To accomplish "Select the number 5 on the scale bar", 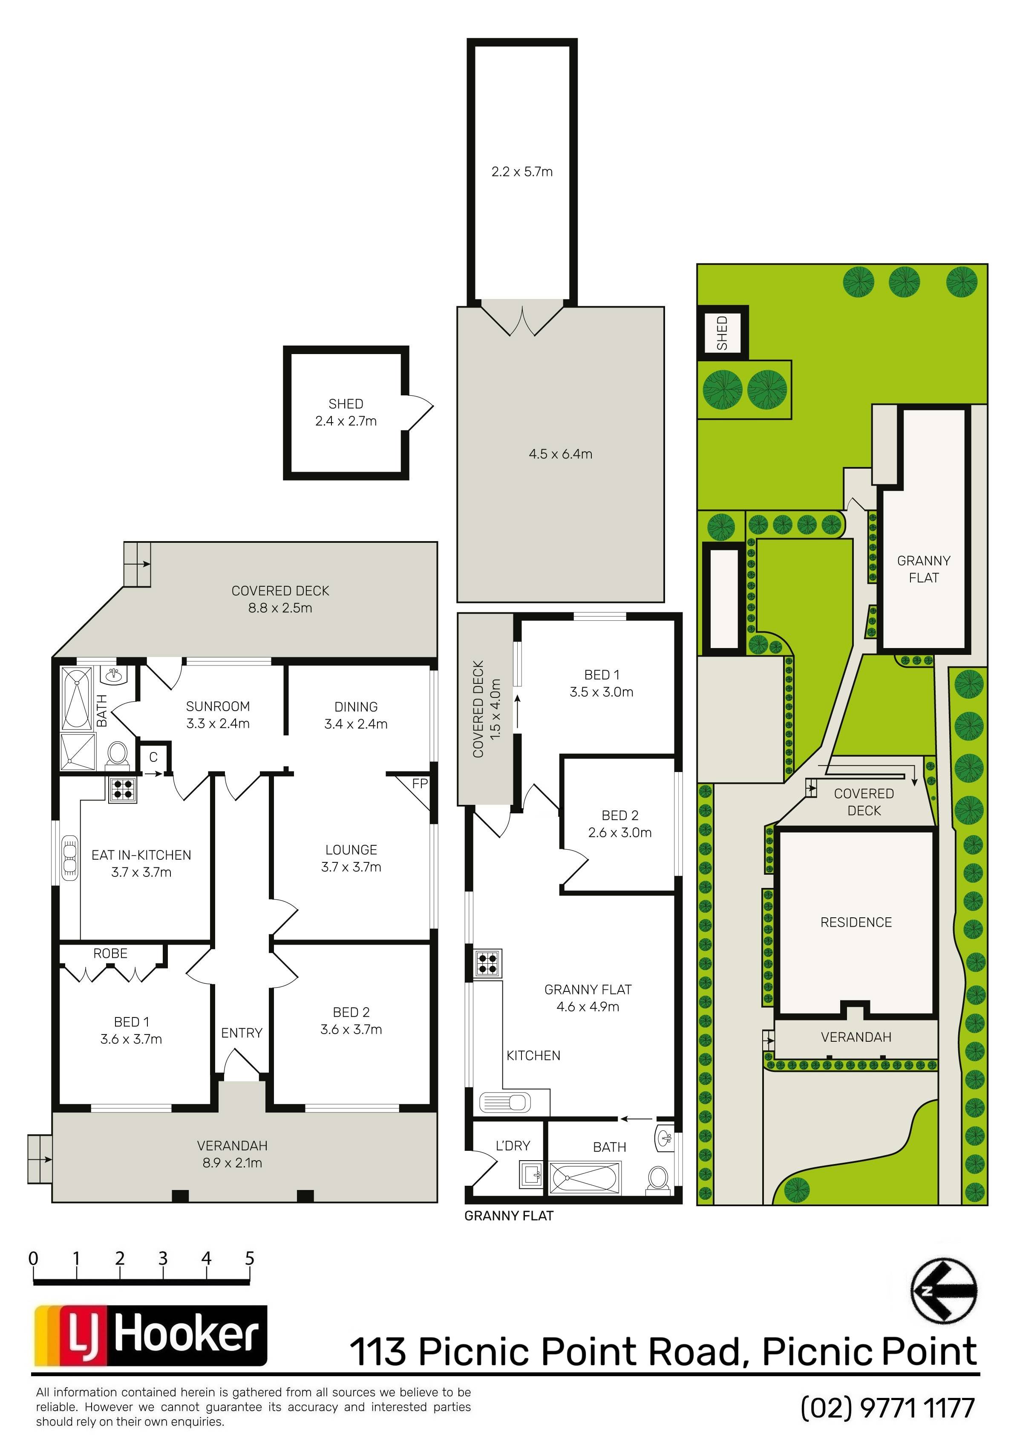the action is pos(249,1258).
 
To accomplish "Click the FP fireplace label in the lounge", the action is pos(420,783).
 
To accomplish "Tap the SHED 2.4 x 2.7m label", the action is pos(346,412).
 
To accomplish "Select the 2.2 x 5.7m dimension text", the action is pos(522,171).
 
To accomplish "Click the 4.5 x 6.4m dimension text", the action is pos(560,454).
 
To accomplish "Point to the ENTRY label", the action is pos(241,1033).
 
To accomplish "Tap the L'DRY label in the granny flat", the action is pos(513,1146).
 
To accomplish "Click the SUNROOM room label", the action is pos(218,706).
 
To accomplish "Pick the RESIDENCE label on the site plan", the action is pos(856,922).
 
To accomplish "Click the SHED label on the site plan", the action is pos(722,332).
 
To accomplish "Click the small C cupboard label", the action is pos(153,757).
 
